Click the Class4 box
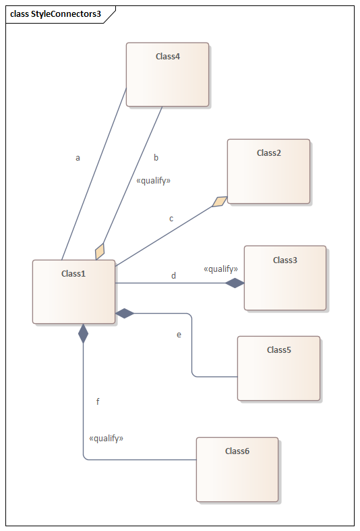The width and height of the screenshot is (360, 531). click(x=167, y=74)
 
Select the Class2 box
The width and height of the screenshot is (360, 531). click(x=268, y=171)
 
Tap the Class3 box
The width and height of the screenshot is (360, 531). click(x=285, y=278)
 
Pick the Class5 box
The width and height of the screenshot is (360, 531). click(x=279, y=368)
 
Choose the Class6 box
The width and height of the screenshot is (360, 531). click(x=237, y=470)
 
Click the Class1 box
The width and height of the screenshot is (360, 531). click(x=73, y=292)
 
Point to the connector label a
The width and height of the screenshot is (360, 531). click(x=78, y=158)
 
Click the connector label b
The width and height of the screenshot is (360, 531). click(x=156, y=157)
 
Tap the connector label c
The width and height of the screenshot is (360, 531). click(x=171, y=219)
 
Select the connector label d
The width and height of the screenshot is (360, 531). click(x=173, y=276)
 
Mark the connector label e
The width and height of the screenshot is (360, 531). click(x=179, y=335)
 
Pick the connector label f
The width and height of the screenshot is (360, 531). click(x=98, y=401)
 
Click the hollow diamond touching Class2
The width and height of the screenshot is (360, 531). click(x=220, y=202)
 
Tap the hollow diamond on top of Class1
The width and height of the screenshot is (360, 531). click(x=100, y=251)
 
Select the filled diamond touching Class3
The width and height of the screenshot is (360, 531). click(x=235, y=283)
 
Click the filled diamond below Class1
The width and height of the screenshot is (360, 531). click(x=83, y=333)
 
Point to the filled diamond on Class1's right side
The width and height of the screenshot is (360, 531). click(x=125, y=314)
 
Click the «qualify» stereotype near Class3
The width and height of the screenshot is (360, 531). click(x=220, y=269)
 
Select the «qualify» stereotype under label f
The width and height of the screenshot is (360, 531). click(x=107, y=438)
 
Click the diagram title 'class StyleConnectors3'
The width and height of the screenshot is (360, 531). click(x=55, y=14)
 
